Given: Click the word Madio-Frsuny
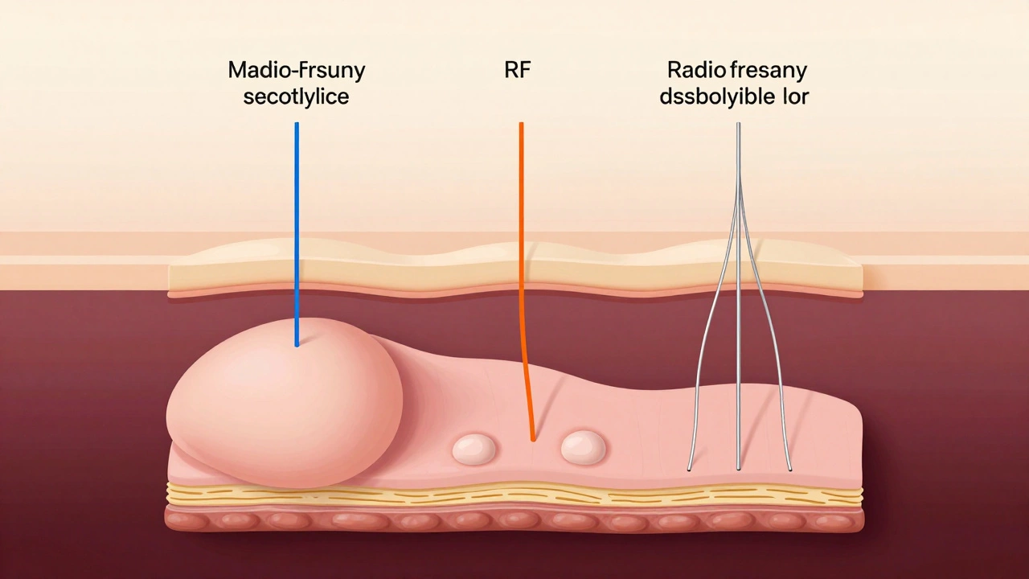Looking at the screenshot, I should pos(297,70).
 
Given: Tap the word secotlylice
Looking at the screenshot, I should pos(297,97).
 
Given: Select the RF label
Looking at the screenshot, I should pos(517,70).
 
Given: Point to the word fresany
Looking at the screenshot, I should pos(766,71).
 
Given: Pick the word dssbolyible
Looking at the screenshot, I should pos(720,97).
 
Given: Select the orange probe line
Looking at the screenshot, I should pos(521,241).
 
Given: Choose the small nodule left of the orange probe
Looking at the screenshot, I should pos(474,449).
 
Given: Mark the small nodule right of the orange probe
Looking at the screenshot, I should pos(583,447).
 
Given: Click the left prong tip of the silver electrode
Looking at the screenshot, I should pos(690,469).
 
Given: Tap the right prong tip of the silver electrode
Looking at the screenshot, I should pos(789,469).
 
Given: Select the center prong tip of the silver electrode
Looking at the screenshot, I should pos(739,469).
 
